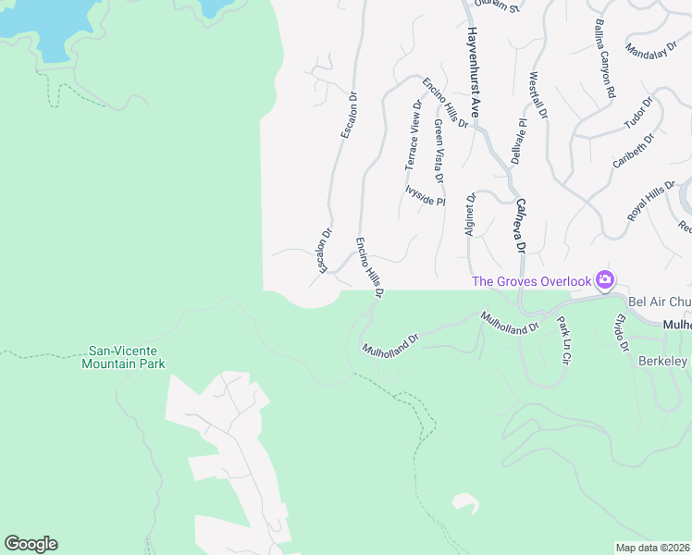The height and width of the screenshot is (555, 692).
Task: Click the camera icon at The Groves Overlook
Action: (605, 279)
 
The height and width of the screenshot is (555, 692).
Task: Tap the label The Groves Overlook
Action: (531, 281)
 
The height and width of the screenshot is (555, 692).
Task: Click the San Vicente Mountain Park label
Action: (126, 358)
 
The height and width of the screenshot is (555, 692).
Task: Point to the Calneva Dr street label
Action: (520, 226)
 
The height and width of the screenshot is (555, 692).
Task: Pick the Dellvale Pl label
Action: (518, 141)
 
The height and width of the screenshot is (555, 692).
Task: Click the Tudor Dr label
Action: (638, 113)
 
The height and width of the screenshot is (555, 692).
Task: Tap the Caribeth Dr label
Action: (633, 151)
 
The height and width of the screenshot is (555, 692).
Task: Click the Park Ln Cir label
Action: (563, 339)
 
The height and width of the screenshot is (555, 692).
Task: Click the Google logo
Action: (31, 544)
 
